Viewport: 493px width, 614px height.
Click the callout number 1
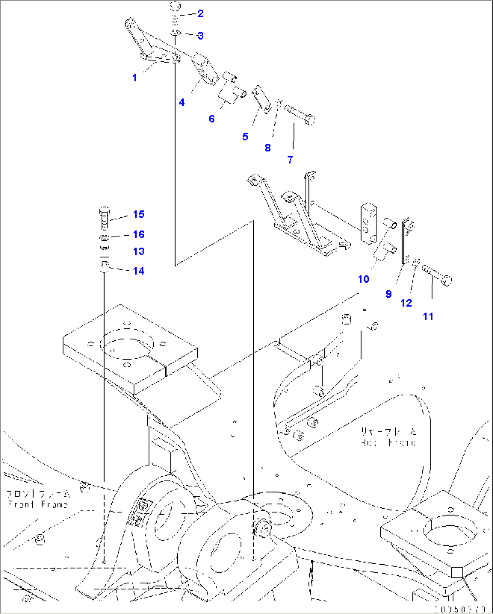(134, 78)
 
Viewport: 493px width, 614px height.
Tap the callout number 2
(200, 14)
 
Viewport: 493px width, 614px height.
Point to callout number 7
(290, 159)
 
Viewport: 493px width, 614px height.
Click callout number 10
(364, 279)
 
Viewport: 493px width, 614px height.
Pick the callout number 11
(428, 317)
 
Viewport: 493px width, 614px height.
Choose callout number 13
(139, 252)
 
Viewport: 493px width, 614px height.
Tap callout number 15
(139, 214)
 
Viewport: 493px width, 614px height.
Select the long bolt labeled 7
(300, 115)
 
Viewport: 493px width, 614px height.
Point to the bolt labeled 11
(437, 275)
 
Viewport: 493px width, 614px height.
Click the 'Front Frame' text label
(38, 504)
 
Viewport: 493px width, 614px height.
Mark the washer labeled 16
(104, 237)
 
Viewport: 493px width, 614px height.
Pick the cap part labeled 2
(175, 7)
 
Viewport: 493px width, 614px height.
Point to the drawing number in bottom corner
(460, 609)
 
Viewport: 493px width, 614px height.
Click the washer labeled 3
(175, 33)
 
